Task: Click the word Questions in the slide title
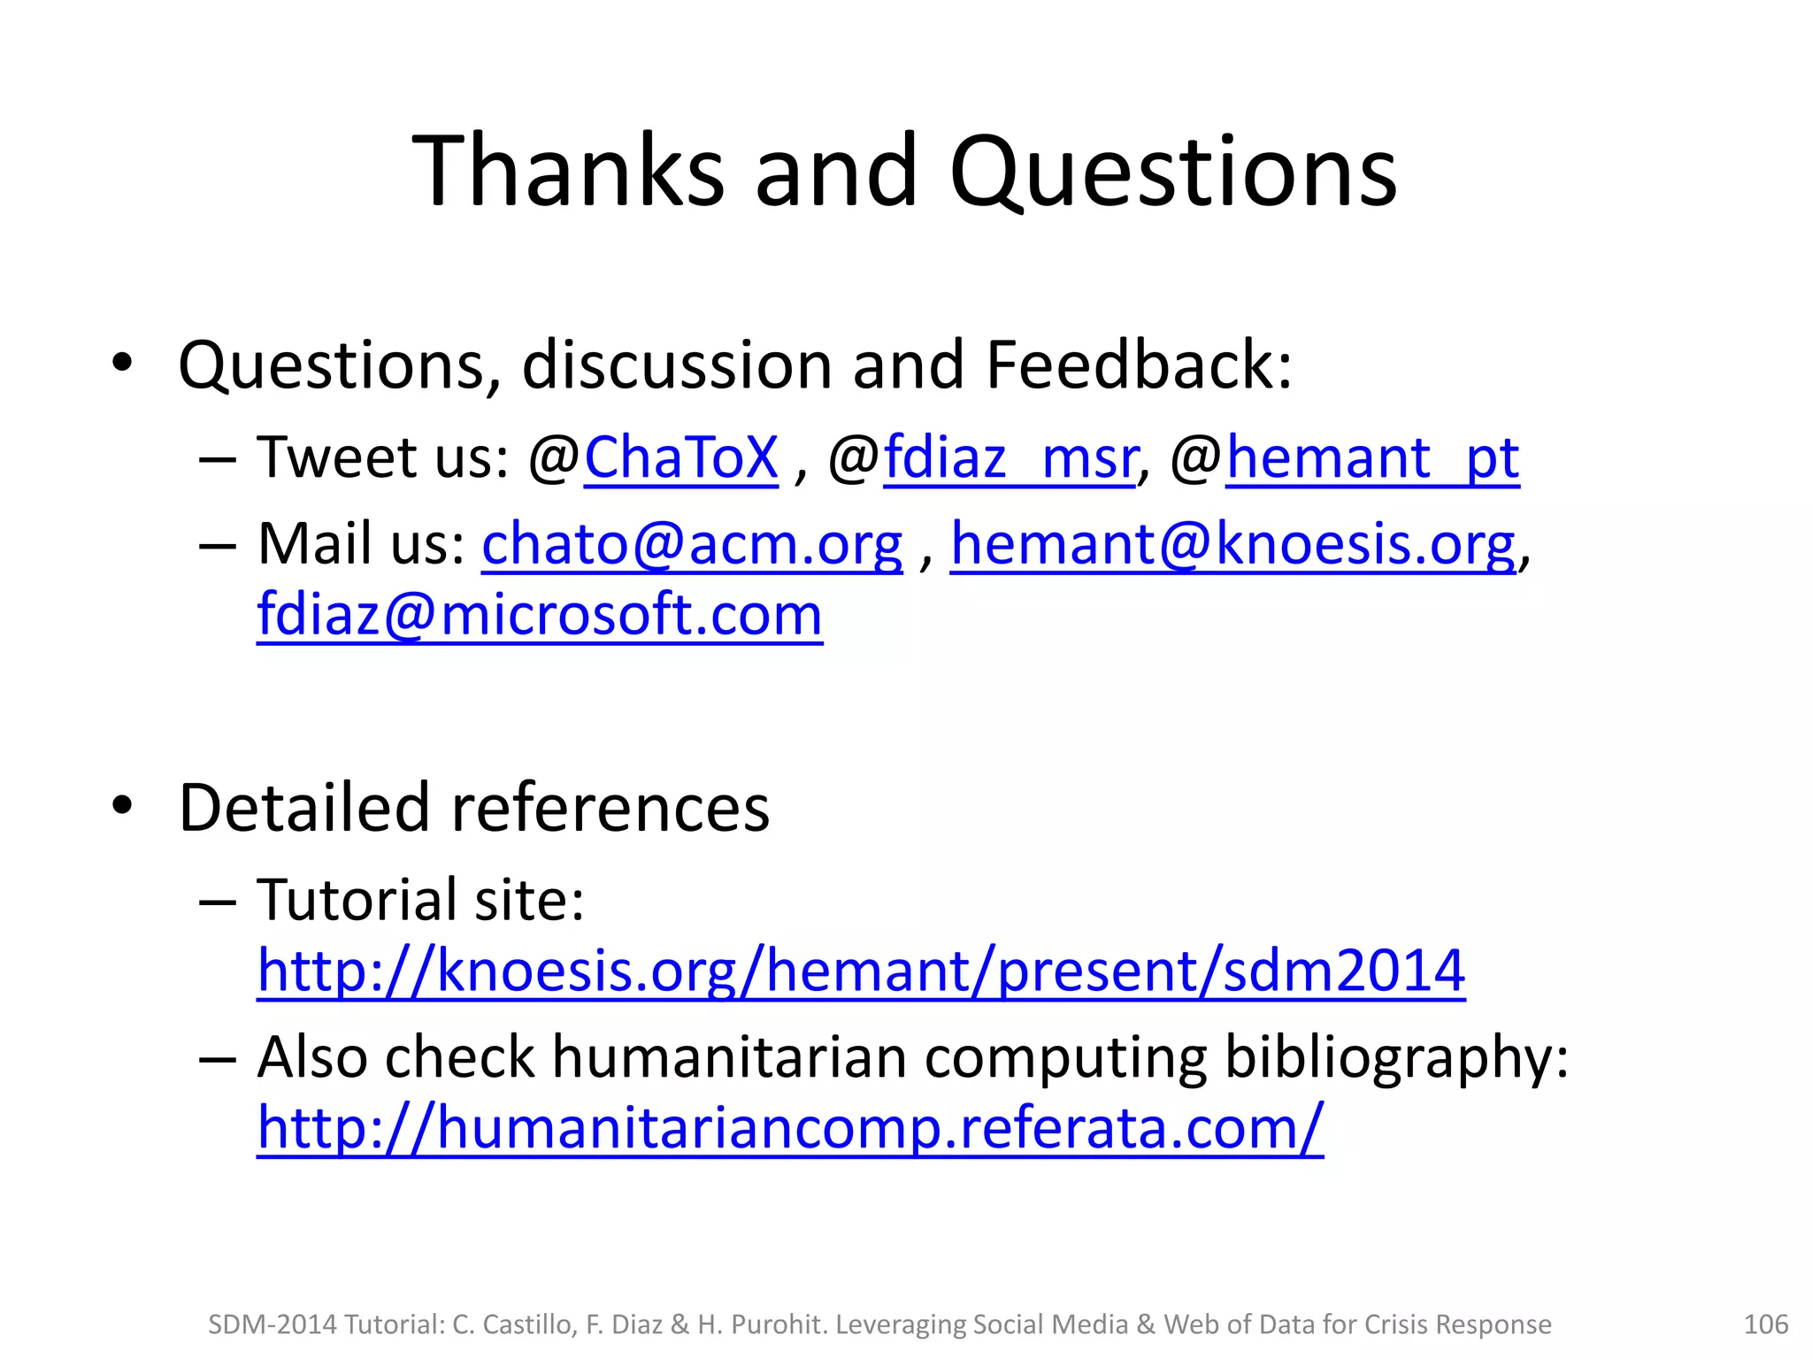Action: pyautogui.click(x=1173, y=173)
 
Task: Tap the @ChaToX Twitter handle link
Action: pyautogui.click(x=680, y=457)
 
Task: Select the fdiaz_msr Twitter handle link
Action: pyautogui.click(x=1010, y=457)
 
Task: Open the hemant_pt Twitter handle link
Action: pyautogui.click(x=1372, y=457)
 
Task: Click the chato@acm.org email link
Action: pyautogui.click(x=692, y=543)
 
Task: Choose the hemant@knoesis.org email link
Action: pyautogui.click(x=1232, y=543)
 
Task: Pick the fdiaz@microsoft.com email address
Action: pyautogui.click(x=540, y=614)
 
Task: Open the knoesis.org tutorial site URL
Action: pyautogui.click(x=861, y=971)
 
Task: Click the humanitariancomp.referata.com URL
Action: pyautogui.click(x=790, y=1128)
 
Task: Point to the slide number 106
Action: pyautogui.click(x=1765, y=1324)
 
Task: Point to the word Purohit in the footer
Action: pyautogui.click(x=783, y=1324)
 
